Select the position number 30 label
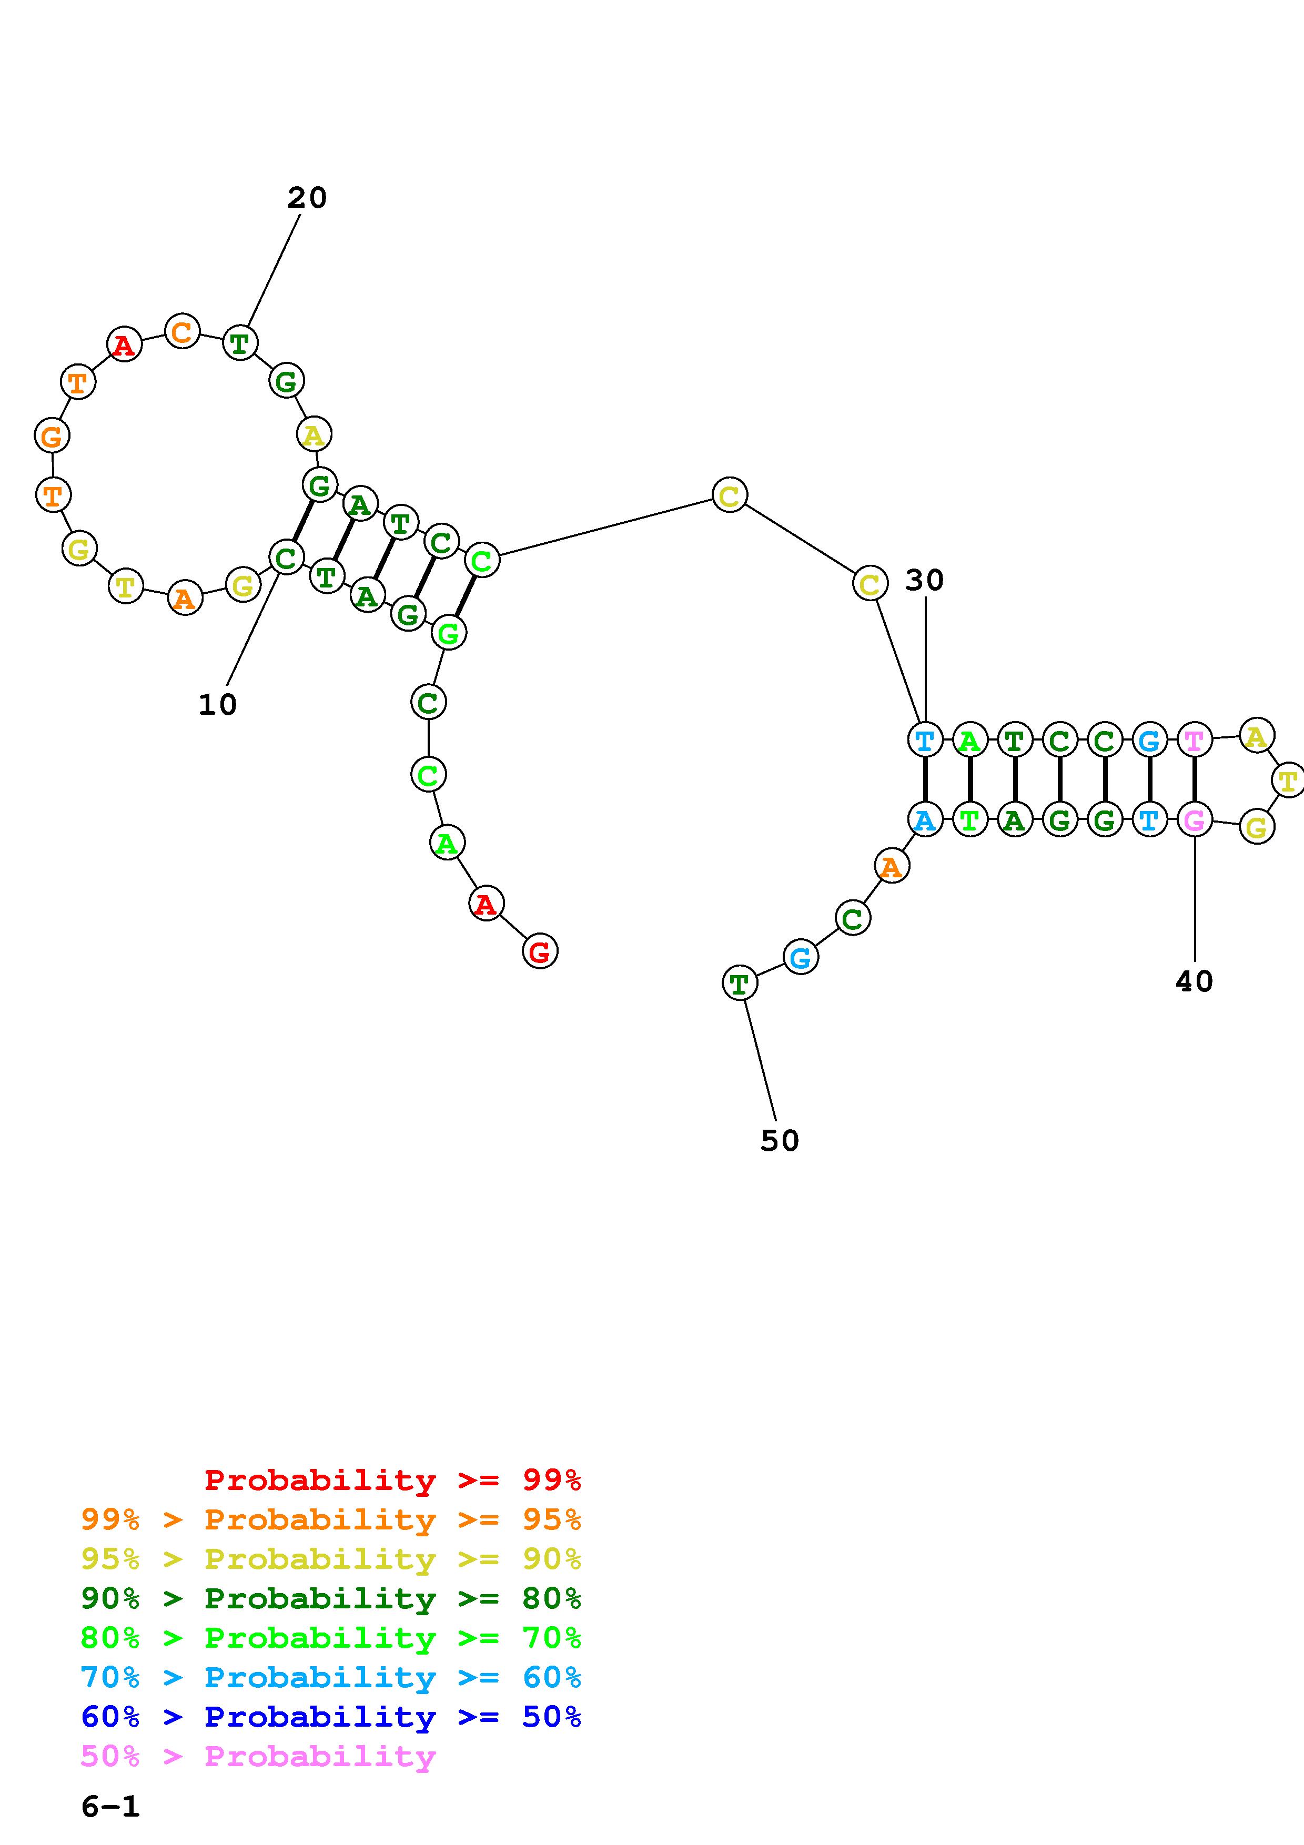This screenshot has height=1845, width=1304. pos(924,580)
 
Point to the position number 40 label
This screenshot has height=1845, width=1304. pos(1194,980)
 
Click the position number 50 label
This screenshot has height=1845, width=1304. pos(780,1140)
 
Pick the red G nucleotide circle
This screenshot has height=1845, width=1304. pos(540,951)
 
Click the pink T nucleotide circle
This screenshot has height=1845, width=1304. pos(1195,739)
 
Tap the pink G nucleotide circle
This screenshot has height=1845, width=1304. pos(1195,820)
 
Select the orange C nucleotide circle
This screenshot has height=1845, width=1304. pos(183,331)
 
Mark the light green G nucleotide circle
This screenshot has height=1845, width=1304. pos(448,633)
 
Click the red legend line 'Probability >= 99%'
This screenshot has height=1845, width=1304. pos(392,1479)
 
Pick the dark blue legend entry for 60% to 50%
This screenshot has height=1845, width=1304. pos(331,1717)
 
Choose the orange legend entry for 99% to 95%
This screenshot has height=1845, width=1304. pos(331,1519)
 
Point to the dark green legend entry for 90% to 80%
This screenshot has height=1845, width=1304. pos(331,1598)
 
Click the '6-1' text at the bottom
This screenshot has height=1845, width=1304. pos(110,1807)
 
